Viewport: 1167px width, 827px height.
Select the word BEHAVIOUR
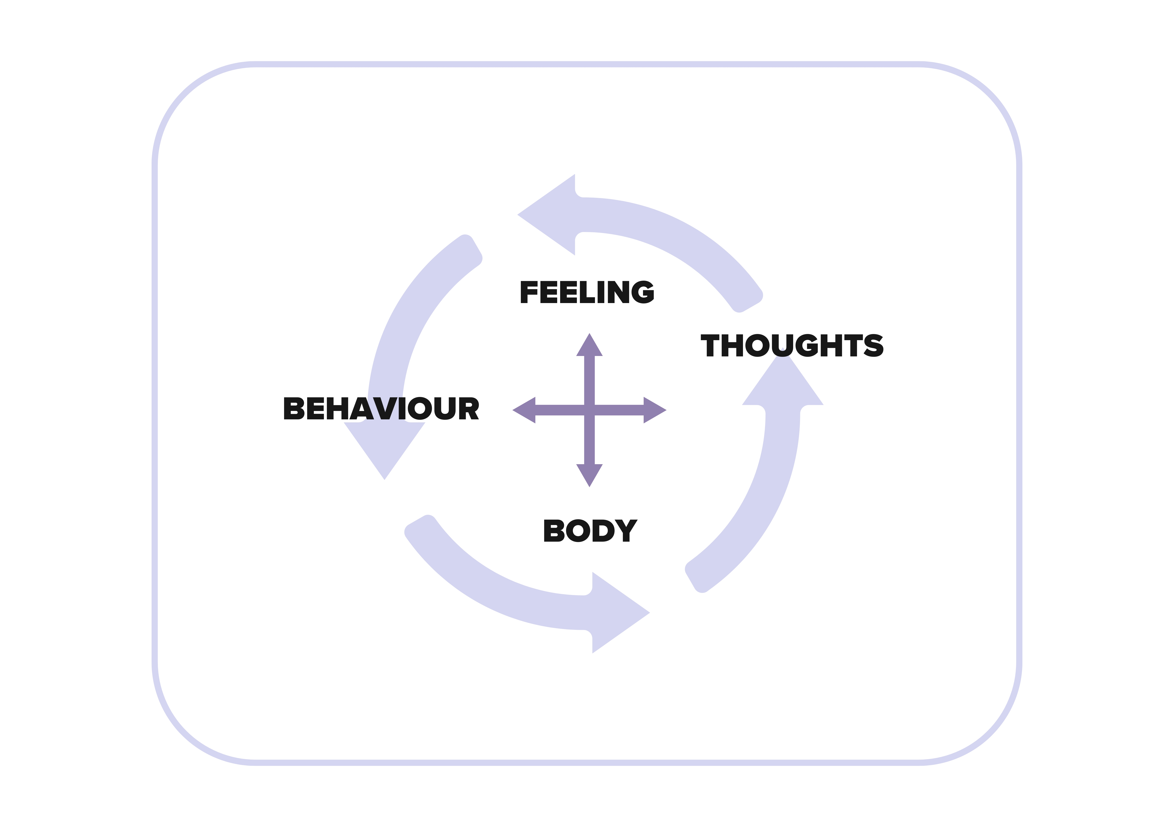point(381,408)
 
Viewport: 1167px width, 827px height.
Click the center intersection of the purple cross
point(589,410)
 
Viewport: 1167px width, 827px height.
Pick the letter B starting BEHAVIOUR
point(294,408)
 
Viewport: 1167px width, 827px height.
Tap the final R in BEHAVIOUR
point(469,408)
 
